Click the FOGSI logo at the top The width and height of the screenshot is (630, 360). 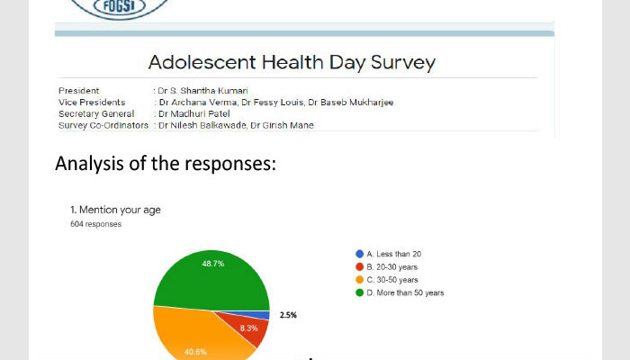click(x=120, y=7)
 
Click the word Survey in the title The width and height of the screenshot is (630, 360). click(x=403, y=63)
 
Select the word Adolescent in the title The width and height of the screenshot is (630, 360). click(x=202, y=62)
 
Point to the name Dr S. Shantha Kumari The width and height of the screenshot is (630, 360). click(x=202, y=91)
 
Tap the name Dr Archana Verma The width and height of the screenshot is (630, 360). click(x=198, y=103)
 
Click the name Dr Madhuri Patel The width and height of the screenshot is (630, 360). click(x=194, y=113)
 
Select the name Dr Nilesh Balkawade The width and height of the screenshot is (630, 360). click(x=202, y=125)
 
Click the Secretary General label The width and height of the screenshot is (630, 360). click(x=96, y=113)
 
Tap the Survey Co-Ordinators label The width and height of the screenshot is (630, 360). click(x=103, y=125)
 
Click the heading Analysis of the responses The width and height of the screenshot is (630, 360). click(x=166, y=164)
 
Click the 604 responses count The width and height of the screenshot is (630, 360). click(x=95, y=224)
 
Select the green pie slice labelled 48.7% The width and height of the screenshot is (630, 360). click(x=211, y=281)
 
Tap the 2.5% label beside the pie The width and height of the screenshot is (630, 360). click(x=288, y=315)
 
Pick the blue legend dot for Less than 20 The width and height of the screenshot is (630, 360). click(x=360, y=254)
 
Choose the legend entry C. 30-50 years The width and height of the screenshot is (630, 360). click(x=387, y=280)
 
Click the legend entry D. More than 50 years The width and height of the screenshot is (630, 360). click(x=400, y=292)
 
